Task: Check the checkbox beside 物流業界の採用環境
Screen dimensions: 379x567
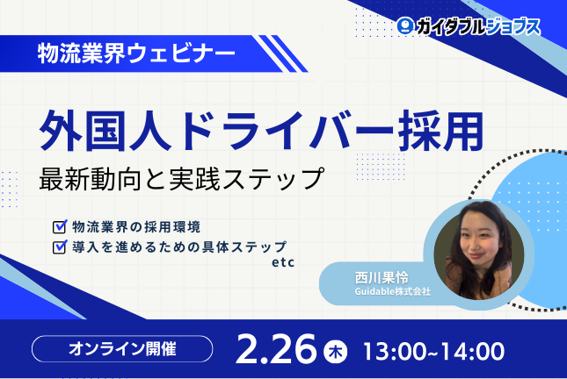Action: click(59, 225)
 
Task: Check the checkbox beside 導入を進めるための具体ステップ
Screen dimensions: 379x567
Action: click(59, 247)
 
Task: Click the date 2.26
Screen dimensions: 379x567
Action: click(275, 348)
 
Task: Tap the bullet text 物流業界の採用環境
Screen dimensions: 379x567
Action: click(137, 225)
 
